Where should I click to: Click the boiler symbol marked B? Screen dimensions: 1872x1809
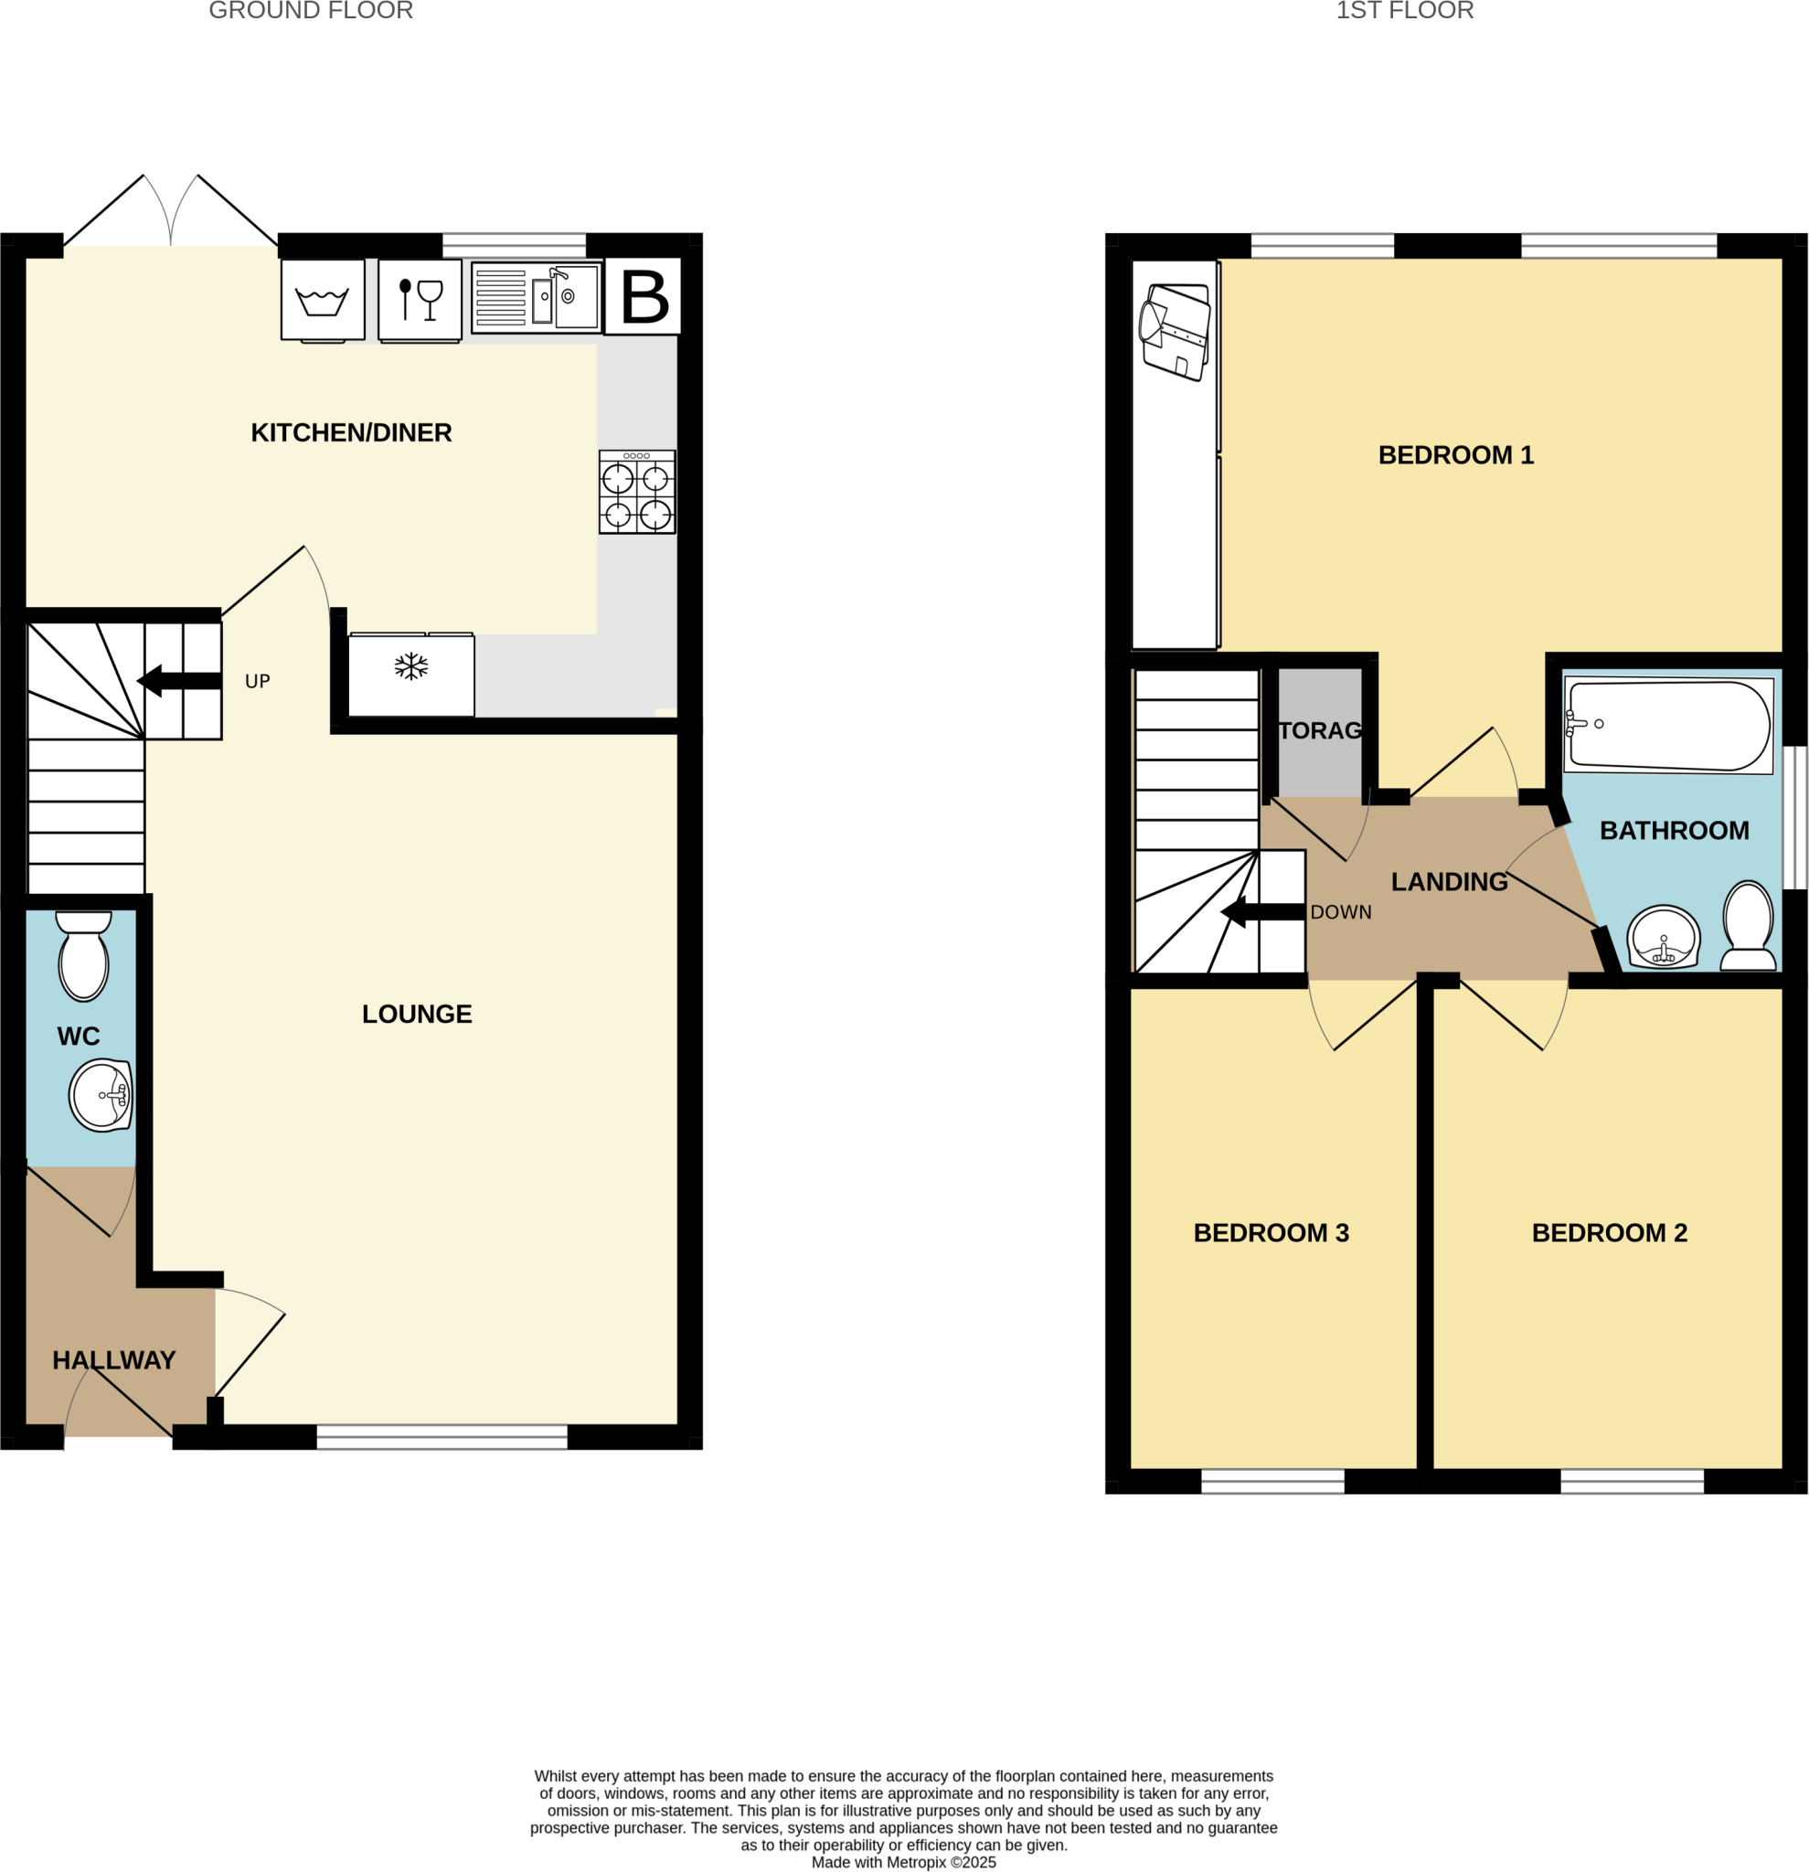(643, 296)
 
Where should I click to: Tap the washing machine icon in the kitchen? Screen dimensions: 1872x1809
(322, 299)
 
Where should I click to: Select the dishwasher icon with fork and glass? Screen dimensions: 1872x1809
(420, 299)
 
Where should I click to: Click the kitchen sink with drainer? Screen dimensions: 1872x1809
(537, 297)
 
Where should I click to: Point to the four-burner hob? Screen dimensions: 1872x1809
(637, 492)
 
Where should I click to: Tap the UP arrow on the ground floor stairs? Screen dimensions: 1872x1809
(179, 681)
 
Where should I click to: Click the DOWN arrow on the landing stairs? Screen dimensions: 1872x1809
(1262, 912)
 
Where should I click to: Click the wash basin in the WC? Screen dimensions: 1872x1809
(101, 1094)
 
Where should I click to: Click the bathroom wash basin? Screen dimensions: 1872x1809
(1664, 937)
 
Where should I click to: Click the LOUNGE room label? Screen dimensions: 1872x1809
(417, 1015)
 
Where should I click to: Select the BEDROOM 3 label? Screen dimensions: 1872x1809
(1271, 1233)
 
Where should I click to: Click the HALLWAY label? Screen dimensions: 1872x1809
(113, 1360)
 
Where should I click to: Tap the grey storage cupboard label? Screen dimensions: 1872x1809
(1320, 730)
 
